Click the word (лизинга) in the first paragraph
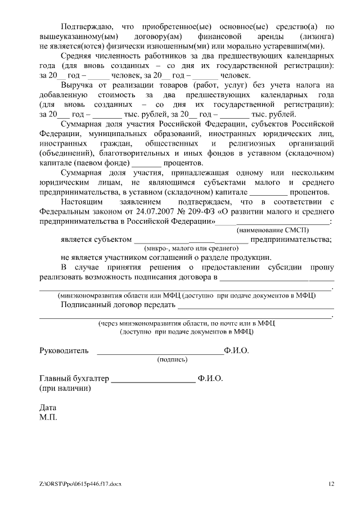coord(316,37)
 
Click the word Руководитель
coord(64,351)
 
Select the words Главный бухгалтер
coord(74,379)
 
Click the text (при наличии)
coord(64,389)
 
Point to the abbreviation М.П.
coord(48,418)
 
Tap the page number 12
coord(331,484)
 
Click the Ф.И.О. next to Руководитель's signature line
coord(236,351)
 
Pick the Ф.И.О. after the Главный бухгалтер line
coord(210,379)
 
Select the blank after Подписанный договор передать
coord(255,307)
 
